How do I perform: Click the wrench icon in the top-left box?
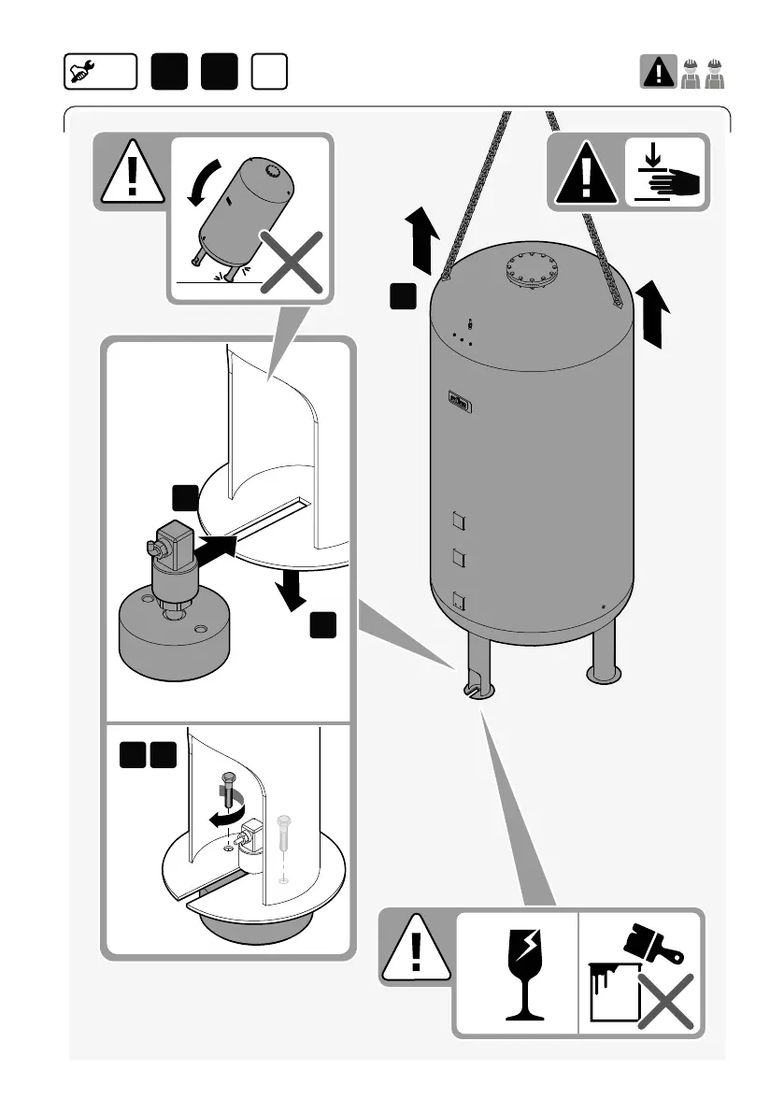pos(82,71)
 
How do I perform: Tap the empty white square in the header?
pos(268,72)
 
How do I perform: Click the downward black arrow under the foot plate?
pos(292,590)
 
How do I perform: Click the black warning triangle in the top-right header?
pos(659,71)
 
